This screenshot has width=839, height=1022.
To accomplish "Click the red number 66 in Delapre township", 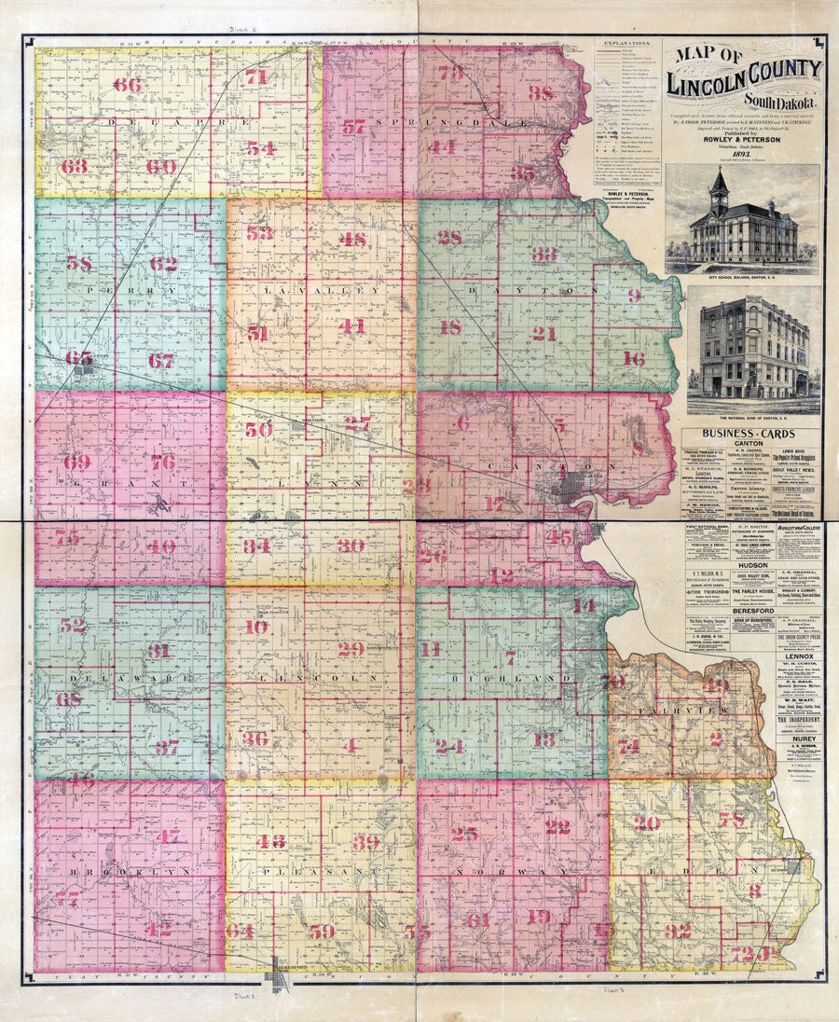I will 128,85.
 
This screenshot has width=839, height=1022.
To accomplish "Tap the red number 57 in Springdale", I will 353,128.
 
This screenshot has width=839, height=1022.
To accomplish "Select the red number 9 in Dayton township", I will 634,297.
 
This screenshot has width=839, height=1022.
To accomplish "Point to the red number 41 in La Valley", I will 352,326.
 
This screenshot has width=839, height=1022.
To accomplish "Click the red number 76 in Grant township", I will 163,462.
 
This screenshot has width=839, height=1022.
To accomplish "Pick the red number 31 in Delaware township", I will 158,650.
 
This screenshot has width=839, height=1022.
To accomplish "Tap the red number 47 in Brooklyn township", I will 168,836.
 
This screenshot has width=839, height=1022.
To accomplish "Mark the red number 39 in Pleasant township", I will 365,842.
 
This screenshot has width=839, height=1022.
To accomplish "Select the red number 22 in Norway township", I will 557,826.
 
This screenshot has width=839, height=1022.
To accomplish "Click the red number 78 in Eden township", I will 732,821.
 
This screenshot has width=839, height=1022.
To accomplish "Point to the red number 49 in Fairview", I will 716,685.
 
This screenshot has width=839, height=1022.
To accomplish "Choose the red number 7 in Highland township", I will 510,656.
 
